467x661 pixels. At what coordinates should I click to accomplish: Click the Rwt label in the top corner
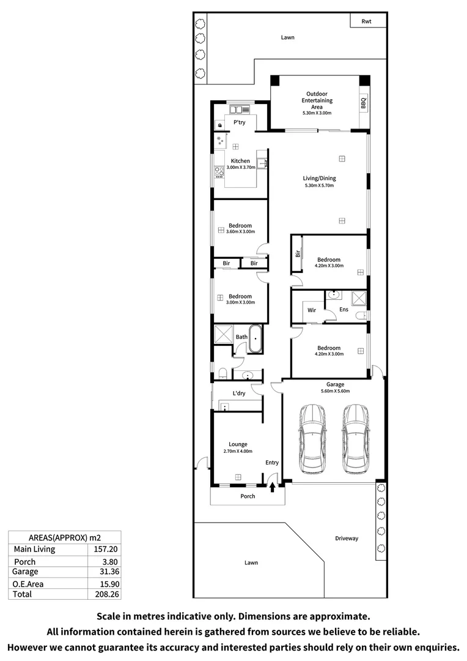pos(366,21)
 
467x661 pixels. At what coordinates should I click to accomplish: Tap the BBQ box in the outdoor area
pos(363,103)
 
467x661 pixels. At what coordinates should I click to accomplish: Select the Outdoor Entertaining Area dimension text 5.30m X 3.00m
pos(316,113)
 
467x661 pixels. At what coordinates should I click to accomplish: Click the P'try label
pos(240,122)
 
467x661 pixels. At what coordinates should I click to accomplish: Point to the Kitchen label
pos(240,161)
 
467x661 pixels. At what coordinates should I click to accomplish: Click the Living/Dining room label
pos(319,179)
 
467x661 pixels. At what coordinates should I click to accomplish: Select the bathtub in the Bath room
pos(256,340)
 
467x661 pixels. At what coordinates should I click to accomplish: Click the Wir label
pos(311,310)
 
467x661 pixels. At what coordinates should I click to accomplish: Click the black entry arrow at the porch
pos(273,486)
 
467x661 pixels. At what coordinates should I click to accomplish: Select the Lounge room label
pos(238,444)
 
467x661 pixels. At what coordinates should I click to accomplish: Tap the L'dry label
pos(238,393)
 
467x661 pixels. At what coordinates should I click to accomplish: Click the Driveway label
pos(347,539)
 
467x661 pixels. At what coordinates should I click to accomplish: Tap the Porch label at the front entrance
pos(248,496)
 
